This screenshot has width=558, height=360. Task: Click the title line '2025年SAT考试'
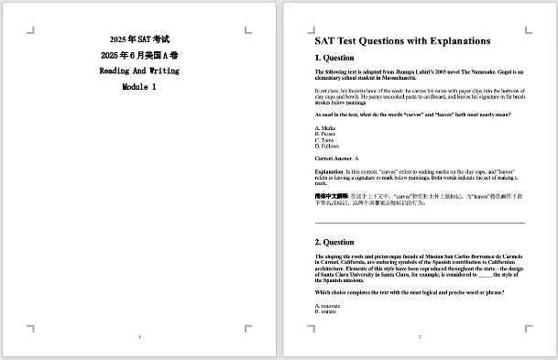pyautogui.click(x=139, y=39)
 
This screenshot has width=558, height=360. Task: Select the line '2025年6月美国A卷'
pyautogui.click(x=139, y=55)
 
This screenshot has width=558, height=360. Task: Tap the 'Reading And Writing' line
pyautogui.click(x=139, y=71)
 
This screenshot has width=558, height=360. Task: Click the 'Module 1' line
pyautogui.click(x=139, y=86)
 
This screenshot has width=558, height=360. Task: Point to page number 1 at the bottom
pyautogui.click(x=139, y=338)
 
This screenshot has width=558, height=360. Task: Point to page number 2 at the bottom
pyautogui.click(x=420, y=338)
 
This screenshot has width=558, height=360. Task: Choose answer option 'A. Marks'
pyautogui.click(x=325, y=127)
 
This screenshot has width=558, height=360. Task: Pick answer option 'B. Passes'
pyautogui.click(x=326, y=134)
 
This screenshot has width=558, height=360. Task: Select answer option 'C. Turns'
pyautogui.click(x=325, y=140)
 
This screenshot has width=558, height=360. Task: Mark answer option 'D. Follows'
pyautogui.click(x=327, y=147)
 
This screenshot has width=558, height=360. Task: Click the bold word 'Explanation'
pyautogui.click(x=329, y=171)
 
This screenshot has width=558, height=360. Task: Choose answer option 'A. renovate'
pyautogui.click(x=328, y=305)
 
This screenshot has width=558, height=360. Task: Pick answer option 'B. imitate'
pyautogui.click(x=327, y=311)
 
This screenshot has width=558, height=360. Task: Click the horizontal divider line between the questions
pyautogui.click(x=420, y=223)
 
